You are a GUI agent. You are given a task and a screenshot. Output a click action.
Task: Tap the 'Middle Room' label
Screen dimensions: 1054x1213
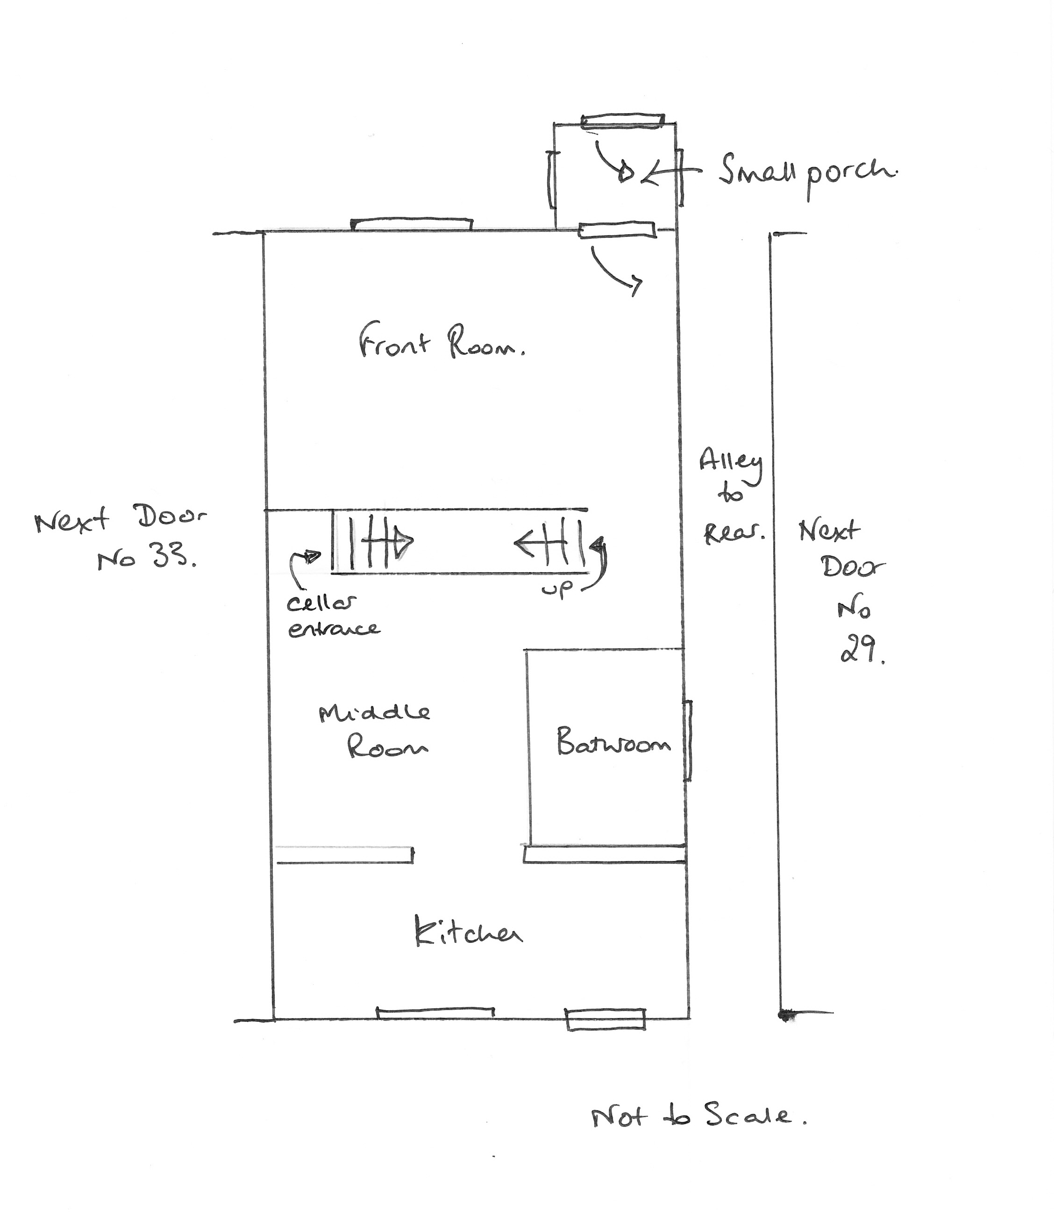pyautogui.click(x=375, y=731)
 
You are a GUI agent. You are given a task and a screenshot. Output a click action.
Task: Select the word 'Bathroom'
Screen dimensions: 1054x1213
pyautogui.click(x=613, y=741)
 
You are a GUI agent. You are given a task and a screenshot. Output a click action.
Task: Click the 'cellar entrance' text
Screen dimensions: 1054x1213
pyautogui.click(x=333, y=616)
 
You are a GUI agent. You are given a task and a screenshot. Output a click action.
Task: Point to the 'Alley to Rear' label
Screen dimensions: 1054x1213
pyautogui.click(x=732, y=495)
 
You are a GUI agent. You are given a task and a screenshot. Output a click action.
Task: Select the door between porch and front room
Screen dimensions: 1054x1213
pyautogui.click(x=617, y=230)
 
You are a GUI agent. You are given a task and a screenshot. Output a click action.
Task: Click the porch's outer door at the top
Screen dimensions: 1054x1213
pyautogui.click(x=623, y=121)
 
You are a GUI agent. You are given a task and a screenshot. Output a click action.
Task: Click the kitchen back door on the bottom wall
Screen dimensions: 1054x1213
pyautogui.click(x=605, y=1019)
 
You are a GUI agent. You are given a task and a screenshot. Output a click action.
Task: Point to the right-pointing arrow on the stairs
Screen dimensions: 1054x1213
pyautogui.click(x=382, y=539)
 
